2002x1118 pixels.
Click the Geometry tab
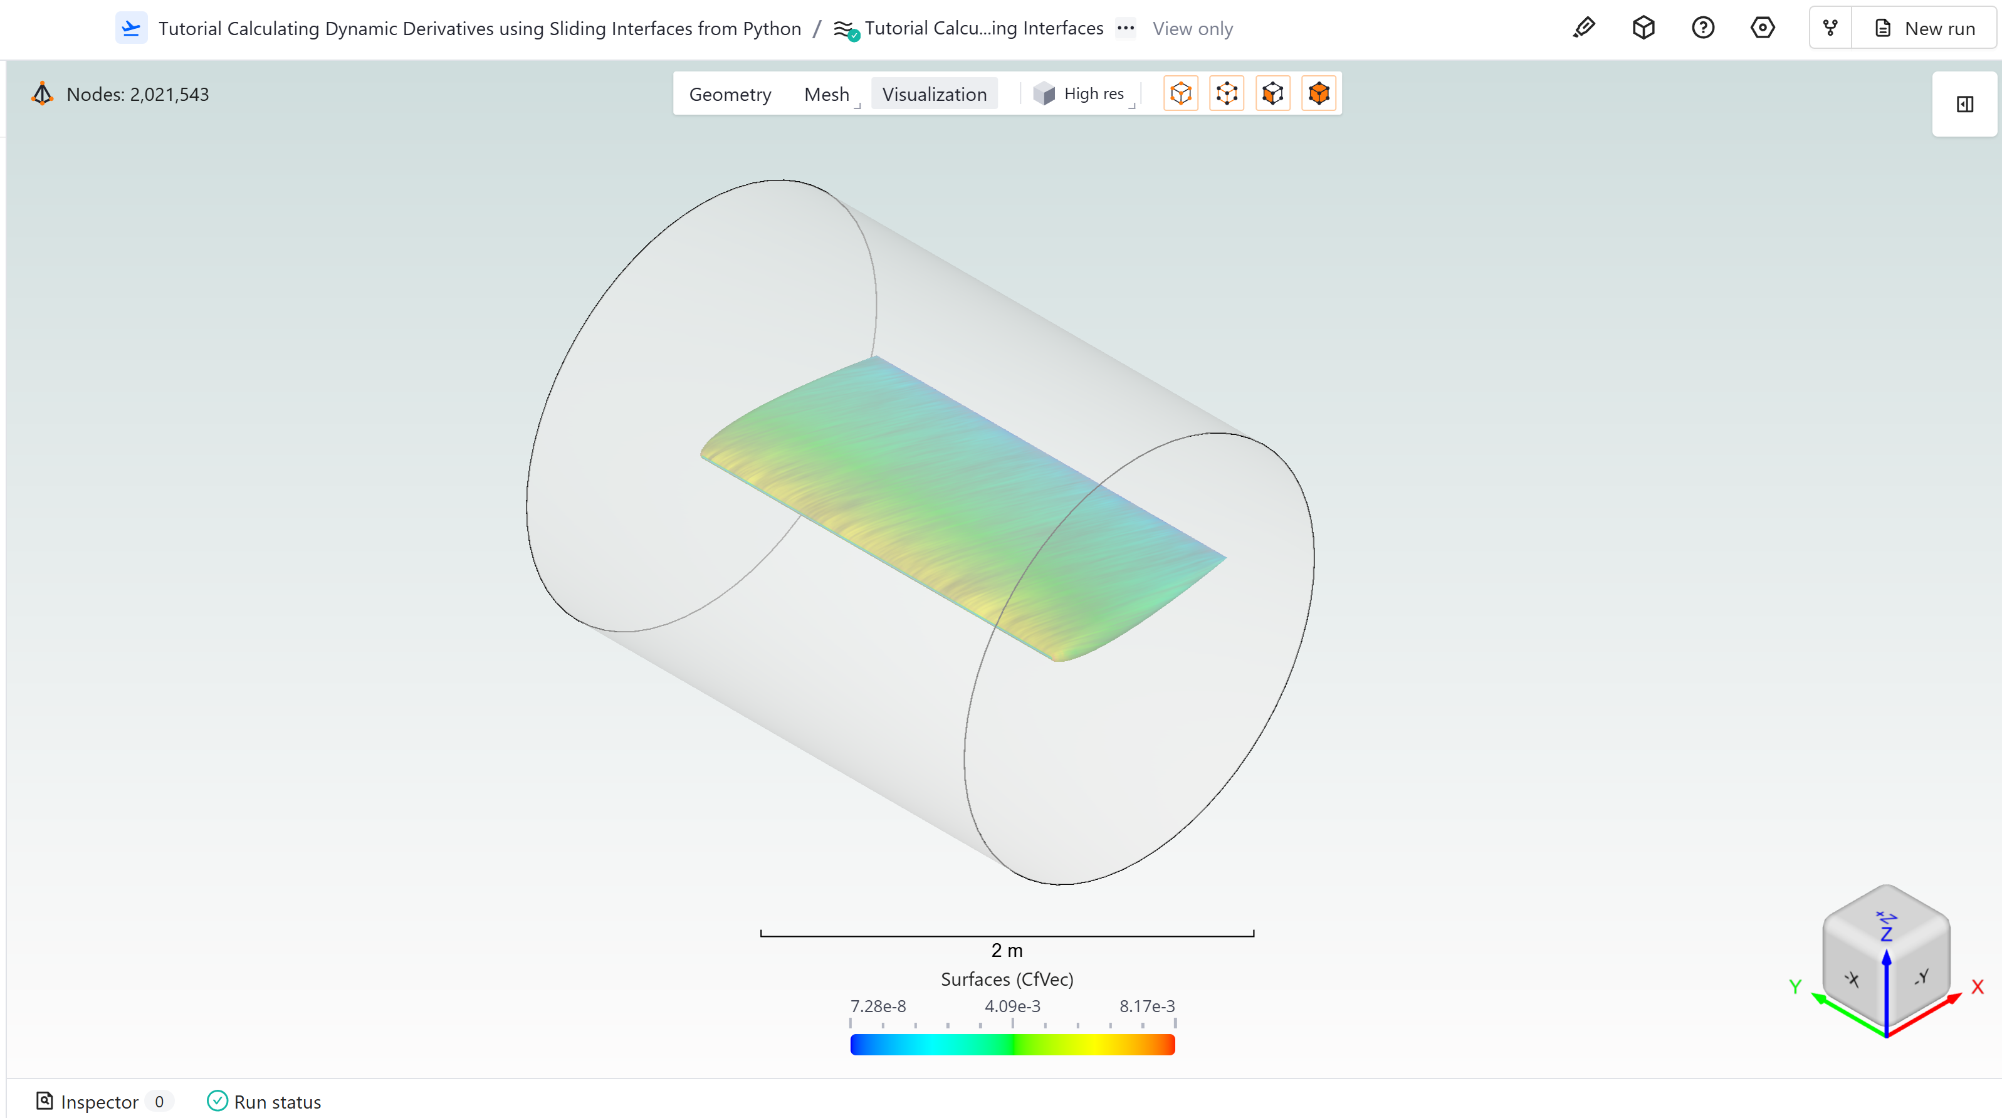click(730, 94)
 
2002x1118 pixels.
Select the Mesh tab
click(826, 94)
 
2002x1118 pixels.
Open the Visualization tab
click(933, 94)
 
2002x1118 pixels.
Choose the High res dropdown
click(1082, 94)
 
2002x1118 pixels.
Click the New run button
click(1925, 29)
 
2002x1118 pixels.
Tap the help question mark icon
click(1703, 28)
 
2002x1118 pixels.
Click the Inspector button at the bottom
click(98, 1101)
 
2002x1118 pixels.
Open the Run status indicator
click(265, 1101)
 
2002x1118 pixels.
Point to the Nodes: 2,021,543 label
click(137, 94)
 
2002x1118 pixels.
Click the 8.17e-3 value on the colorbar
click(1146, 1005)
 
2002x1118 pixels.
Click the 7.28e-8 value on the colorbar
click(878, 1005)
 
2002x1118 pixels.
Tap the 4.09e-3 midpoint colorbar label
click(1012, 1005)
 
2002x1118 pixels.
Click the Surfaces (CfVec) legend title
click(1007, 978)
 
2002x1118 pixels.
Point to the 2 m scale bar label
click(1007, 949)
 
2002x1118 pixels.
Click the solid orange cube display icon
click(1318, 94)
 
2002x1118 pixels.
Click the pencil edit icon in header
click(1583, 28)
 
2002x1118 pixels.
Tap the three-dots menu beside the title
click(1124, 28)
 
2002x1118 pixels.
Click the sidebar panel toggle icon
click(1964, 104)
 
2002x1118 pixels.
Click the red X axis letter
click(1977, 986)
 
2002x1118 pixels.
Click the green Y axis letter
click(1795, 986)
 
